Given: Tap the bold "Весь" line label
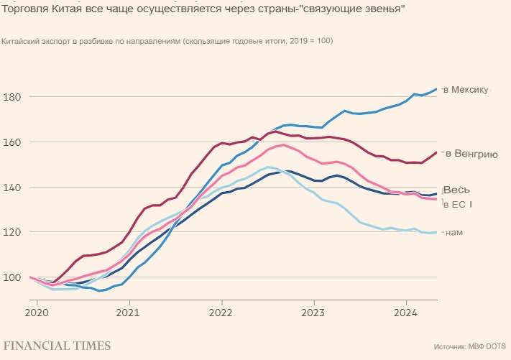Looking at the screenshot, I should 457,190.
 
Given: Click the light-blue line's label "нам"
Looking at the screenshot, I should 454,232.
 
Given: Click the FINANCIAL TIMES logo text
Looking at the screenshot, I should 57,346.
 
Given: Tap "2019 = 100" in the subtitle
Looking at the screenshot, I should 311,41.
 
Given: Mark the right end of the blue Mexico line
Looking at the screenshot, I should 437,89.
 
